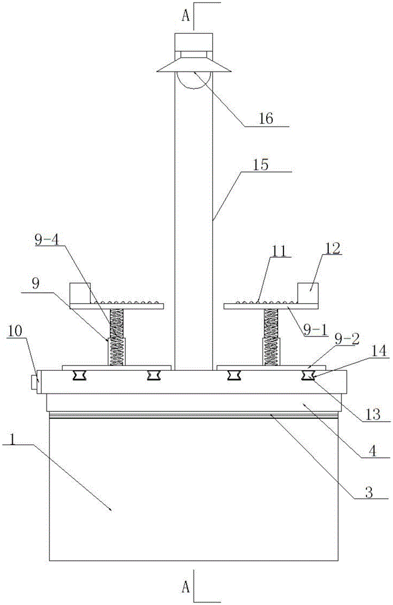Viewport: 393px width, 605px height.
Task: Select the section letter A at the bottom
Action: (x=187, y=585)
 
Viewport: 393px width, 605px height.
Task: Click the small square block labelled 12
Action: (x=310, y=293)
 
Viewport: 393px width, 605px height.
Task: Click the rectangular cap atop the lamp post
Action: (x=194, y=43)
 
